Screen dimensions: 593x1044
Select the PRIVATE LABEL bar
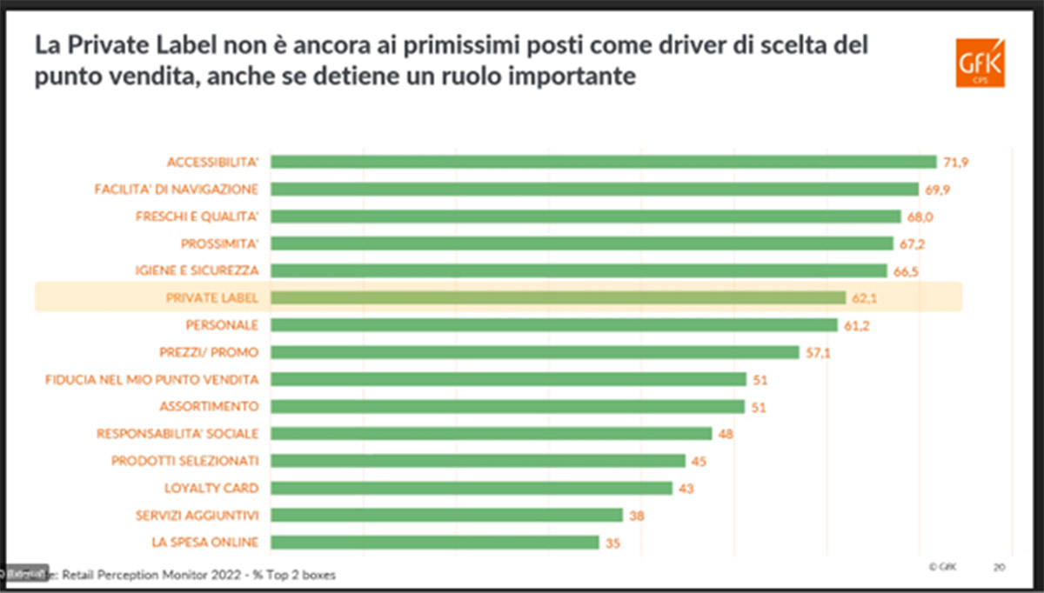[x=558, y=297]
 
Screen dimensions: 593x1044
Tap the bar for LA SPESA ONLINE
[x=434, y=543]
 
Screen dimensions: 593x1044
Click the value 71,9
[x=954, y=163]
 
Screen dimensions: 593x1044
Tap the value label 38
[x=636, y=516]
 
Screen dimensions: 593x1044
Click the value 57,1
[x=817, y=352]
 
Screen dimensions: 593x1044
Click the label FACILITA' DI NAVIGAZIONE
[x=176, y=189]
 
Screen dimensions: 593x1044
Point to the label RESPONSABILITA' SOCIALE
[x=177, y=434]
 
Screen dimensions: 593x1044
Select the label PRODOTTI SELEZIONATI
[x=184, y=461]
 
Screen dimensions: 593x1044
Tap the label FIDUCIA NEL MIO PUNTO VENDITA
[x=152, y=379]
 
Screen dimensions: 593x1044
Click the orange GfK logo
[x=980, y=63]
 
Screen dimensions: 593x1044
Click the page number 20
[x=1000, y=566]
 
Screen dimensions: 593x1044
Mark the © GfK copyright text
[x=942, y=566]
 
